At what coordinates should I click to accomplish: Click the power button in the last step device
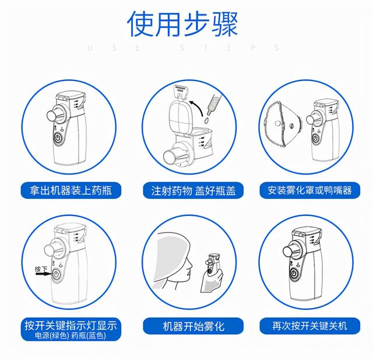point(295,273)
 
